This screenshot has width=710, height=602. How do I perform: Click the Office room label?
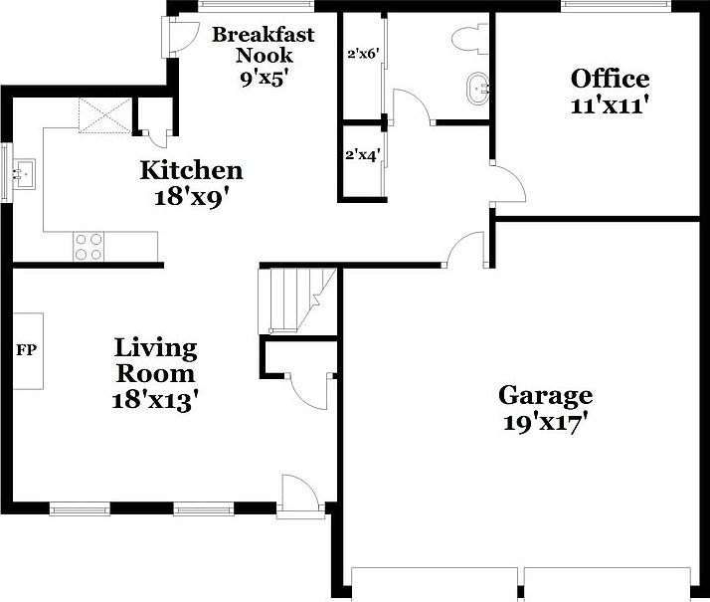[x=610, y=79]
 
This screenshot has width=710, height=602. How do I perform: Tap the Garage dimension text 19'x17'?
[x=544, y=422]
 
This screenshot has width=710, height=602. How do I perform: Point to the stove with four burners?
[x=88, y=246]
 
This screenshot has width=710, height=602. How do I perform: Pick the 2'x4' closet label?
[x=360, y=155]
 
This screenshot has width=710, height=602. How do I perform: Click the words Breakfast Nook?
[x=263, y=45]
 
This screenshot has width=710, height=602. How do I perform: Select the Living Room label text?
[x=155, y=361]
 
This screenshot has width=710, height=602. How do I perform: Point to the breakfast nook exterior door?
[x=182, y=38]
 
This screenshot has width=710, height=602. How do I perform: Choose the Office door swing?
[x=506, y=183]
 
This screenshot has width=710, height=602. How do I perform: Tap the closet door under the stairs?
[x=309, y=387]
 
